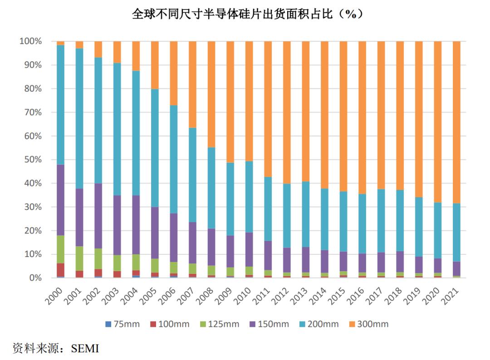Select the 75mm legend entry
pyautogui.click(x=122, y=324)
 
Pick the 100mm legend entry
pyautogui.click(x=170, y=324)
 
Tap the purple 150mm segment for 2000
pyautogui.click(x=60, y=200)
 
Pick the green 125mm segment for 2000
pyautogui.click(x=60, y=249)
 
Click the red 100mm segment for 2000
pyautogui.click(x=60, y=270)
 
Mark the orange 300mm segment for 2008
pyautogui.click(x=211, y=94)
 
